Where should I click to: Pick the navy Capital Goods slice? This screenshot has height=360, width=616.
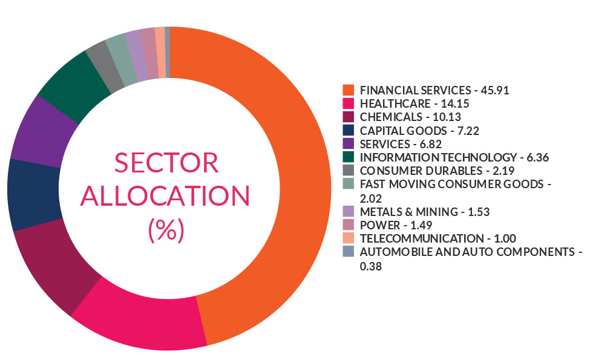[33, 194]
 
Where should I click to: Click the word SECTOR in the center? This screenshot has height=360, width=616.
[166, 163]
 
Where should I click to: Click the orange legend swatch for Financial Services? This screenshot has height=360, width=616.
[348, 90]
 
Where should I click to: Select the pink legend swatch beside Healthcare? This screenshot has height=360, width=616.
[348, 103]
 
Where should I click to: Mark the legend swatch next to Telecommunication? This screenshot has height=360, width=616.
[348, 238]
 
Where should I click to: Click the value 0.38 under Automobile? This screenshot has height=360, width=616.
[371, 264]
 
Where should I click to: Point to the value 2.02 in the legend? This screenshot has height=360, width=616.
[371, 197]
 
